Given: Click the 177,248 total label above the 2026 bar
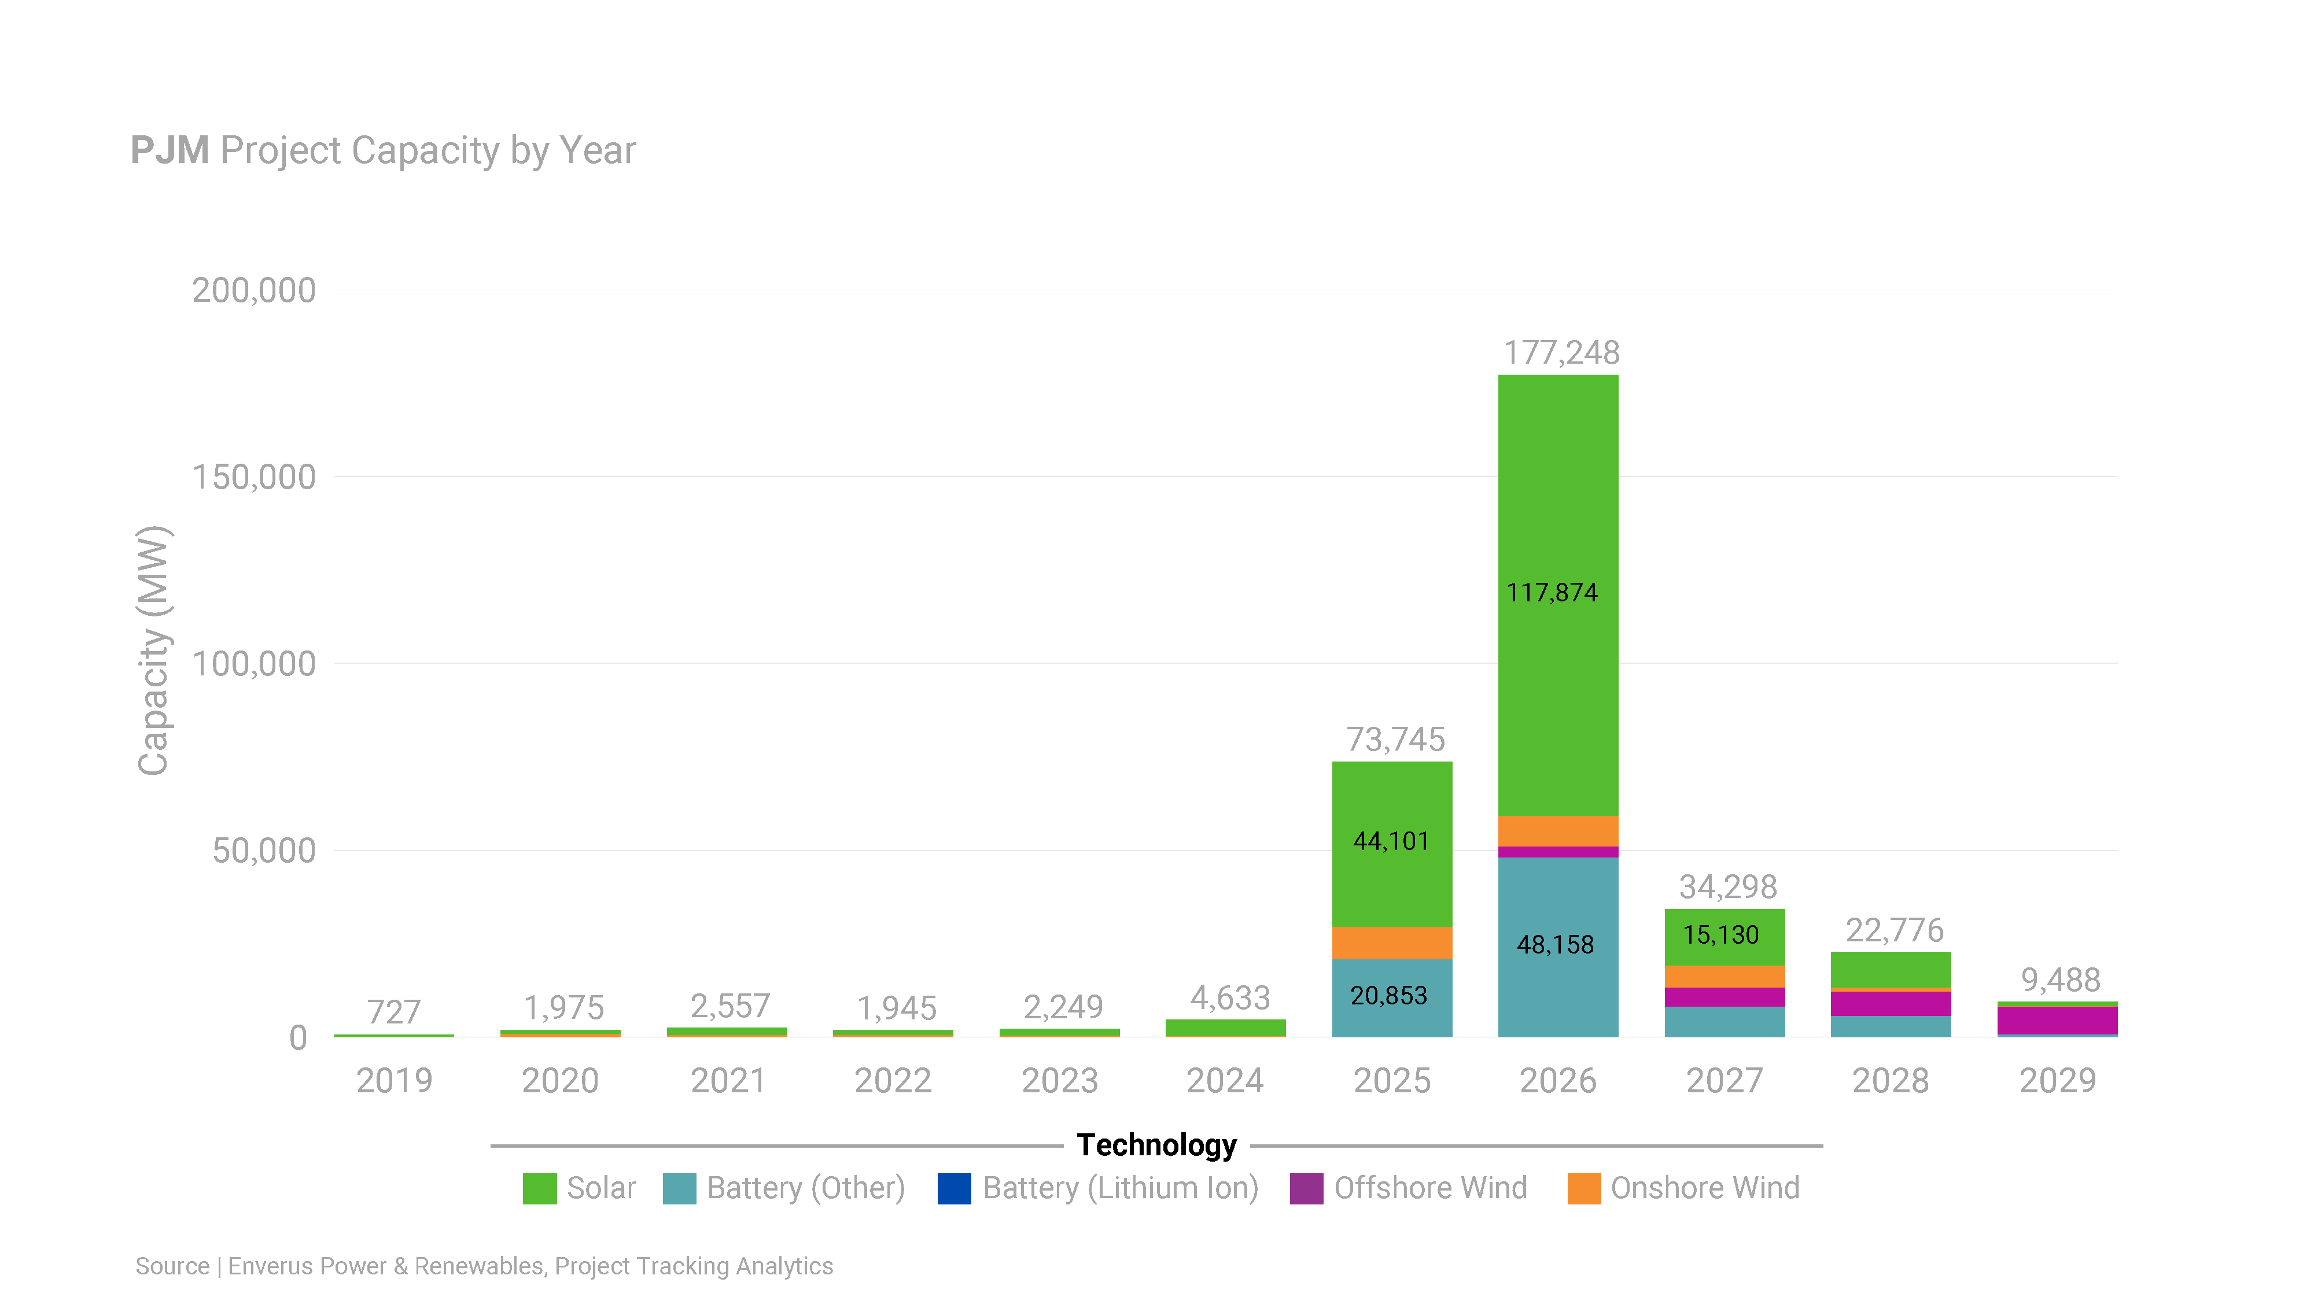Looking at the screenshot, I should (x=1561, y=353).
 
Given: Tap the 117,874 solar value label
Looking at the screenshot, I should (x=1552, y=593).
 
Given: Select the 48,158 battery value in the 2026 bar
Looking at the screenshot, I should (x=1555, y=945).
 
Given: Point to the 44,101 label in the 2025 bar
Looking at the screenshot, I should (x=1391, y=841).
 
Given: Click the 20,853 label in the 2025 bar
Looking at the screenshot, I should (x=1389, y=996).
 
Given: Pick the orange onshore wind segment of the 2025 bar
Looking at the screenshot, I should (x=1391, y=943).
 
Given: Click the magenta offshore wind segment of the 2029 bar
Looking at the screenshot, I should (x=2057, y=1020).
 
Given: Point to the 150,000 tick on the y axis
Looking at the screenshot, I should (x=254, y=478).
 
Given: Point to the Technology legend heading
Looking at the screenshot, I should (x=1157, y=1145).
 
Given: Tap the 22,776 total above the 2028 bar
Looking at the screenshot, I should (x=1893, y=931).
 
